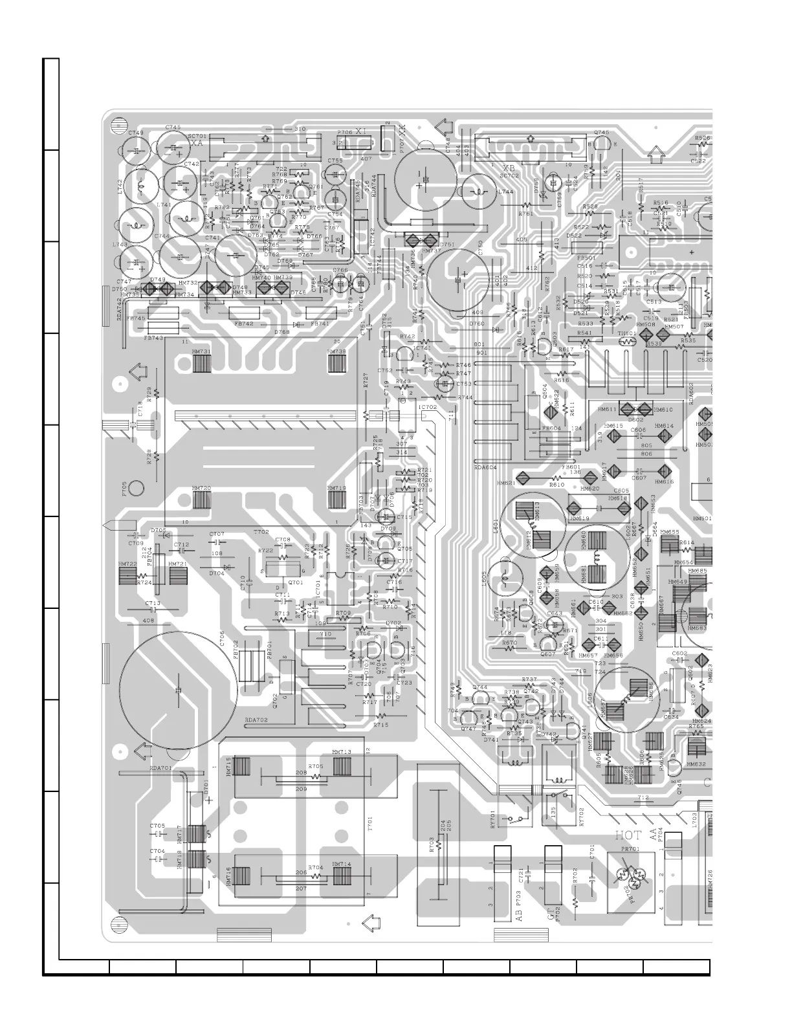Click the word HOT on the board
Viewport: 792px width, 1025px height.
pos(627,835)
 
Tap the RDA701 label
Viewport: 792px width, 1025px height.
pos(160,767)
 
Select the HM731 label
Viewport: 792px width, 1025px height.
pos(201,351)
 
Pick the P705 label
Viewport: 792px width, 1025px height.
pos(124,489)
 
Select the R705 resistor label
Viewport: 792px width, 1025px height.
pos(316,766)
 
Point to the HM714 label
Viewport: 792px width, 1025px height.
pos(341,864)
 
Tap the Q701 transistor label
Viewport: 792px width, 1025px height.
pos(295,582)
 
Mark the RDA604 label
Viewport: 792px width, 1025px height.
pos(485,467)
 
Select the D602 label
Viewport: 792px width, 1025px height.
pos(635,419)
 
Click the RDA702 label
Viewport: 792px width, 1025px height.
pos(256,720)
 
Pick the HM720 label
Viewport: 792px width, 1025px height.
pos(201,488)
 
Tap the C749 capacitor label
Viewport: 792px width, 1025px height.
pos(136,133)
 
